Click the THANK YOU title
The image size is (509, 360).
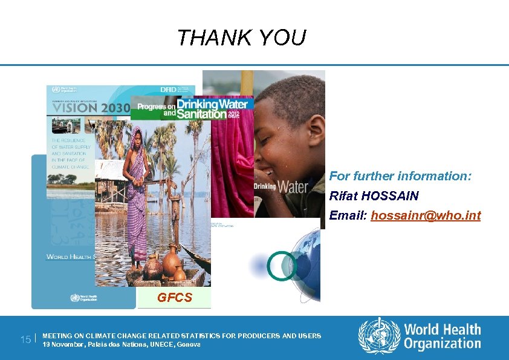click(x=242, y=38)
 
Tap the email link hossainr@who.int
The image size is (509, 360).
click(x=426, y=215)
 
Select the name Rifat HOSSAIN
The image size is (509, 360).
click(x=374, y=197)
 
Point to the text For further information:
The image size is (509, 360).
click(x=400, y=177)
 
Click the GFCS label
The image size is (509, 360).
click(x=175, y=298)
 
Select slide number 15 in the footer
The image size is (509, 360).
click(x=25, y=339)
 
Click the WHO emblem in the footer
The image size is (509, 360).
click(x=379, y=336)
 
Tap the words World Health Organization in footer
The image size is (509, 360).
click(x=442, y=336)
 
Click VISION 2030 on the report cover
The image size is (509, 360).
click(x=88, y=108)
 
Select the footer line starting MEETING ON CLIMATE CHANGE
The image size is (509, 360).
click(x=182, y=336)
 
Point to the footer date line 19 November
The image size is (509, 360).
click(x=121, y=344)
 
